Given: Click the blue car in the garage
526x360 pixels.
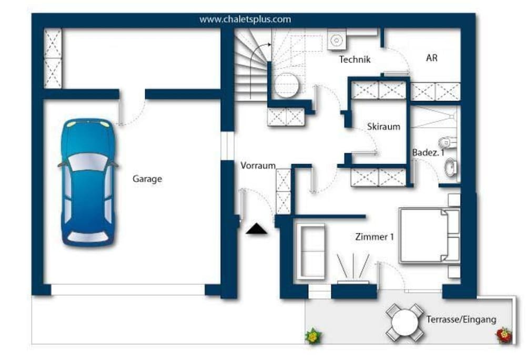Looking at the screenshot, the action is (88, 183).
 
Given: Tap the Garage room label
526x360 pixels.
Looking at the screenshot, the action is (147, 179).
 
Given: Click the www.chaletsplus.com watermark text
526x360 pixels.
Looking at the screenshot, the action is (245, 19).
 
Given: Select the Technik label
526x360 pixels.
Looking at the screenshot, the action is (355, 59).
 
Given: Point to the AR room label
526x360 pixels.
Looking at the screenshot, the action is (432, 58).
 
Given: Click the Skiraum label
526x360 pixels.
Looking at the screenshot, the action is (383, 127).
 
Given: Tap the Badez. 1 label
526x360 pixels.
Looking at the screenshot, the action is (428, 152).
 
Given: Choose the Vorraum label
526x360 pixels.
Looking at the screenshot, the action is (258, 166).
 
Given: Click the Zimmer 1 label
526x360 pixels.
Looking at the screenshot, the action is (375, 237).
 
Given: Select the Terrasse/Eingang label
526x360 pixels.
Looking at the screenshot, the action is (461, 320).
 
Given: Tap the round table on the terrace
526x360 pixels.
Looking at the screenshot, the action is (405, 323).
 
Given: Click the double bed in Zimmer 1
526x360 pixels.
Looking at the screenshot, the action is (429, 235).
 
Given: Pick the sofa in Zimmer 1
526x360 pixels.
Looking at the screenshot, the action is (310, 251).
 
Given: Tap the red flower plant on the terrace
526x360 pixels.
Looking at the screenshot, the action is (504, 335).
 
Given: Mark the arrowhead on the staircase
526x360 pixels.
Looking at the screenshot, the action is (269, 44).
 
